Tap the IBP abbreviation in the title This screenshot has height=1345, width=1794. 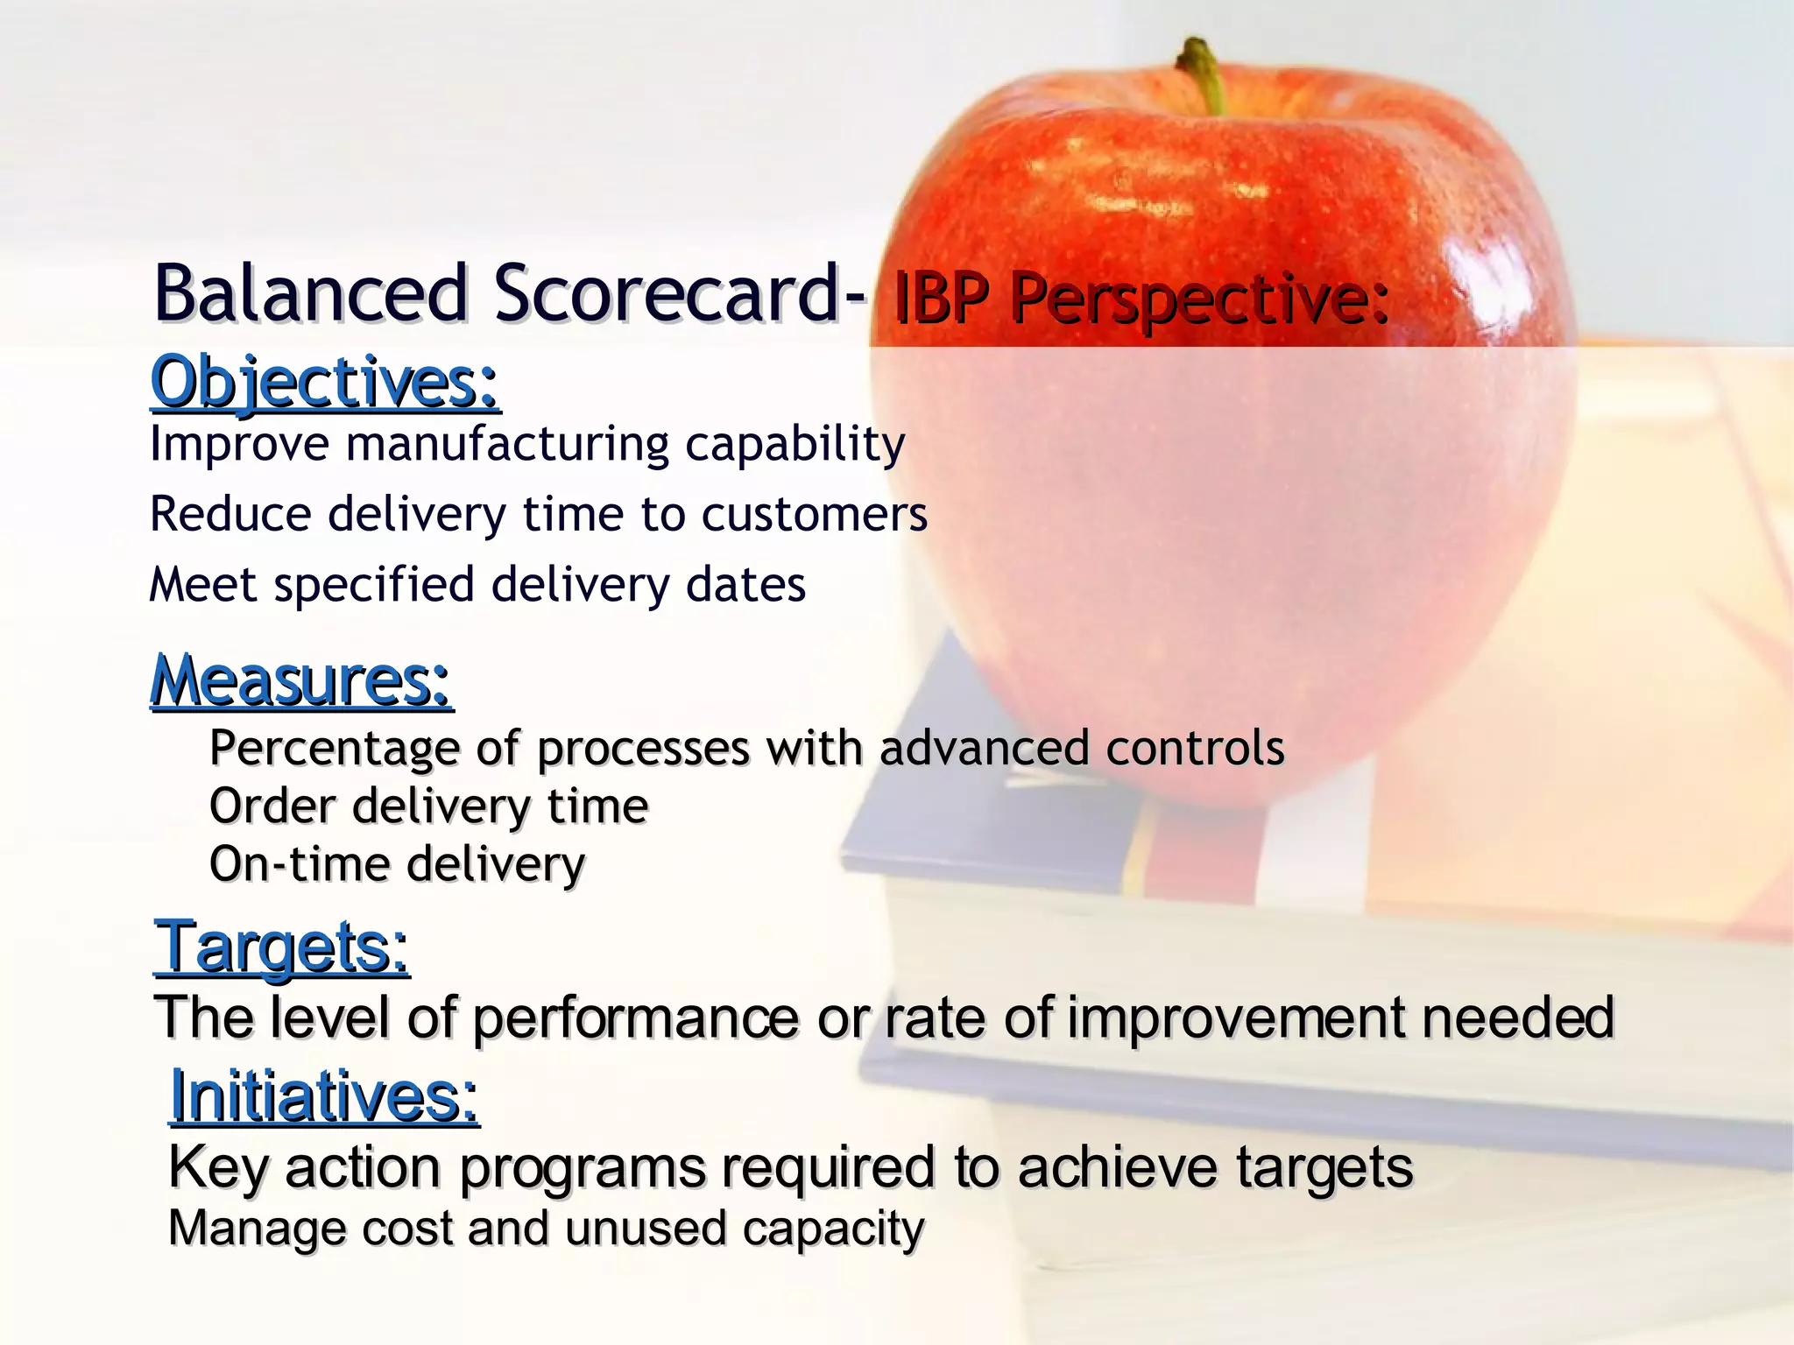coord(941,299)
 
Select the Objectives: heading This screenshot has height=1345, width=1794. coord(325,382)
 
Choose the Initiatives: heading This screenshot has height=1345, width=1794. coord(324,1095)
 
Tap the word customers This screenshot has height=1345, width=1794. coord(814,514)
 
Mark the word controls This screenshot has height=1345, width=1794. coord(1195,748)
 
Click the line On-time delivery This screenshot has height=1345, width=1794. coord(397,864)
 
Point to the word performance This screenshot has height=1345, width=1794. coord(636,1018)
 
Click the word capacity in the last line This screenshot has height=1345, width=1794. coord(833,1229)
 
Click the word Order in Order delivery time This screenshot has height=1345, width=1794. coord(272,806)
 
